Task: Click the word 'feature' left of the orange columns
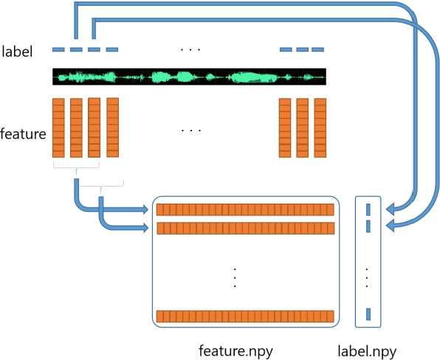pyautogui.click(x=24, y=134)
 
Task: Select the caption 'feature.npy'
pyautogui.click(x=236, y=350)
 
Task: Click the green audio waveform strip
pyautogui.click(x=189, y=77)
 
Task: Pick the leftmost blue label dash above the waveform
pyautogui.click(x=58, y=49)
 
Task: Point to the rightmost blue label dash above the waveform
pyautogui.click(x=318, y=49)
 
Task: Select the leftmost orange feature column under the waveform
pyautogui.click(x=58, y=127)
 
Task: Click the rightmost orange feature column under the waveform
pyautogui.click(x=320, y=127)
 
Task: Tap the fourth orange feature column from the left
pyautogui.click(x=112, y=127)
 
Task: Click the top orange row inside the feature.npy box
pyautogui.click(x=245, y=210)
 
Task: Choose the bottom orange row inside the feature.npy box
pyautogui.click(x=245, y=316)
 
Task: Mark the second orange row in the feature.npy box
pyautogui.click(x=245, y=228)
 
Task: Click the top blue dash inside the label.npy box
pyautogui.click(x=368, y=210)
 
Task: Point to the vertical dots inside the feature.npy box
pyautogui.click(x=235, y=277)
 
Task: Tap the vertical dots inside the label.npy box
pyautogui.click(x=368, y=277)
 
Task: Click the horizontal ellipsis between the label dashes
pyautogui.click(x=190, y=49)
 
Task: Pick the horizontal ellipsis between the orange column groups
pyautogui.click(x=190, y=130)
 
